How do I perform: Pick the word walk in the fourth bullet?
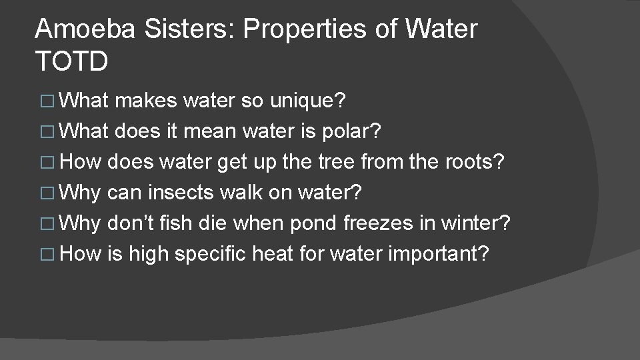pos(247,193)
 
